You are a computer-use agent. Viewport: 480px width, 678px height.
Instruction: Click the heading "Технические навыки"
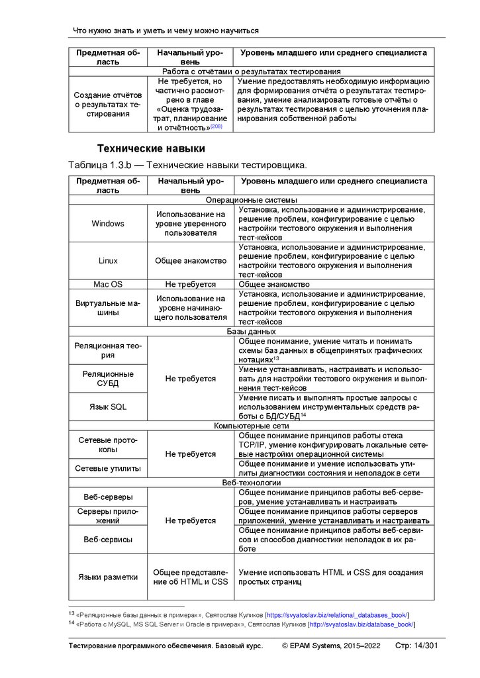[x=151, y=148]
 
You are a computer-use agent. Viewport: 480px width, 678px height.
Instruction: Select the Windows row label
[x=108, y=224]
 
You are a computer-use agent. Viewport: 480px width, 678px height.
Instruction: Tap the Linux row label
[x=108, y=261]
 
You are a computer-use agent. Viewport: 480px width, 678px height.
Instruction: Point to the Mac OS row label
[x=108, y=284]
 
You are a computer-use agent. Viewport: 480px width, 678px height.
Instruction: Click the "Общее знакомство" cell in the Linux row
[x=191, y=261]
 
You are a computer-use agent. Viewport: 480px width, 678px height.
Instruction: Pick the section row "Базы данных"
[x=252, y=331]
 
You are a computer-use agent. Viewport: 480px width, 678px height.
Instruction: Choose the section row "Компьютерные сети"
[x=252, y=426]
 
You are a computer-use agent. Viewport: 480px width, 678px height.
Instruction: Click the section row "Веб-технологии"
[x=252, y=483]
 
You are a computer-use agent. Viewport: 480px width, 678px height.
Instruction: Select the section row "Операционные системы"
[x=252, y=199]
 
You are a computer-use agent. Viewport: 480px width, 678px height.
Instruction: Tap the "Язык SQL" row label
[x=108, y=407]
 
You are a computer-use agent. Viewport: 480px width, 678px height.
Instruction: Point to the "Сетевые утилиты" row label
[x=108, y=468]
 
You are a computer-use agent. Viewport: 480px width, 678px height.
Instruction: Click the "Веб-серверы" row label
[x=108, y=497]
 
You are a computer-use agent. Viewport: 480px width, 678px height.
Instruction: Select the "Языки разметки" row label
[x=108, y=577]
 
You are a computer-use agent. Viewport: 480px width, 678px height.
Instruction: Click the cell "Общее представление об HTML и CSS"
[x=191, y=577]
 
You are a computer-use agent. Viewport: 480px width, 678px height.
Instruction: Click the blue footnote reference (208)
[x=216, y=126]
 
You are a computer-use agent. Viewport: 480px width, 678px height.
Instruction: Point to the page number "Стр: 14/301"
[x=415, y=646]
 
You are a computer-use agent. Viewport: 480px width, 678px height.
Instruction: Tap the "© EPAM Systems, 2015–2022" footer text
[x=331, y=646]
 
